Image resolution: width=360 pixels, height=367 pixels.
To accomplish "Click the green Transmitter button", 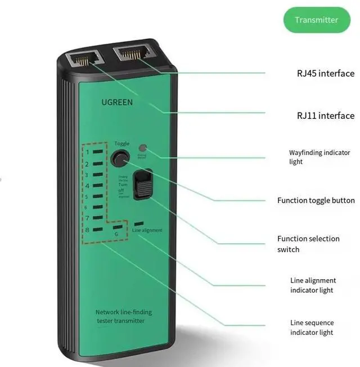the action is pos(317,20).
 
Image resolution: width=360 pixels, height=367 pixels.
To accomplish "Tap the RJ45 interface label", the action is pos(326,73).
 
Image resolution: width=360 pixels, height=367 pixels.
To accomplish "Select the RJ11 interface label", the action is pos(326,115).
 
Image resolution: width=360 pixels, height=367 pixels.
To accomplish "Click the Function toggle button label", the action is pos(316,200).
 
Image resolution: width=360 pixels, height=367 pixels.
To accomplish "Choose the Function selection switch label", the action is pos(308,244).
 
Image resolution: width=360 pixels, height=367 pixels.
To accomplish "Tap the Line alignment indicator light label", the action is pos(313,285).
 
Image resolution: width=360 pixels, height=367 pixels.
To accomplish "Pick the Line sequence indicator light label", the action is pos(312,328).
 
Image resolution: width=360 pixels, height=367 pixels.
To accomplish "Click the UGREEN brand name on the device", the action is pos(117,102).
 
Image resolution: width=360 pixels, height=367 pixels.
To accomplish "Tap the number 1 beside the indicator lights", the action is pos(87,153).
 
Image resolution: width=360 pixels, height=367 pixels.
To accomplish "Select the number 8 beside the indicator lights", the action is pos(87,229).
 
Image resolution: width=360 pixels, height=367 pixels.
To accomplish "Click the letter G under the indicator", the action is pos(116,234).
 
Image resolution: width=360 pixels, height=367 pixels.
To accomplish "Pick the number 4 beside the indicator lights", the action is pos(87,185).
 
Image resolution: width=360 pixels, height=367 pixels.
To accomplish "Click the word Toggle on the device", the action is pos(121,144).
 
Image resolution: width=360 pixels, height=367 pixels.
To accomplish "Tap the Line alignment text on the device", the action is pos(147,230).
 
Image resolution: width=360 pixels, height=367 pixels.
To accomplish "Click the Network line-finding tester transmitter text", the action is pos(123,316).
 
